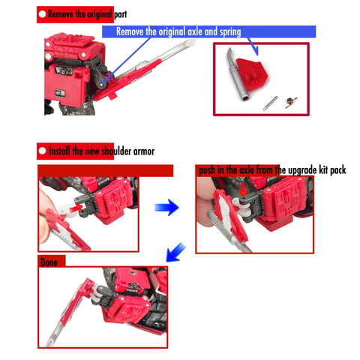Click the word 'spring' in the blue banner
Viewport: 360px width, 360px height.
tap(230, 32)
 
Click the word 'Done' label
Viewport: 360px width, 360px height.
tap(49, 262)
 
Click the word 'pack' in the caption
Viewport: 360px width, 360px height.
tap(338, 171)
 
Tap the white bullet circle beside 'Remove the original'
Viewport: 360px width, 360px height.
tap(42, 14)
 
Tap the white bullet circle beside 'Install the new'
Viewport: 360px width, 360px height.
tap(42, 151)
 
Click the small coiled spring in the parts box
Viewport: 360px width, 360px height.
tap(291, 102)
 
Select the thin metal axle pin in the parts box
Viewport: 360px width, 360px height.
tap(270, 103)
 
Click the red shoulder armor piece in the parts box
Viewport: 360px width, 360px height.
tap(252, 74)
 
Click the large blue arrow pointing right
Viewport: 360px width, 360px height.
tap(166, 207)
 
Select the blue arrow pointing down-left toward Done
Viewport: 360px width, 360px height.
tap(176, 252)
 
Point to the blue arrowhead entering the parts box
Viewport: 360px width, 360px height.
tap(255, 51)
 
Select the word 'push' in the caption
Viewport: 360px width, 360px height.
tap(207, 171)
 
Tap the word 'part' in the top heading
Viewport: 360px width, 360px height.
tap(120, 15)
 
